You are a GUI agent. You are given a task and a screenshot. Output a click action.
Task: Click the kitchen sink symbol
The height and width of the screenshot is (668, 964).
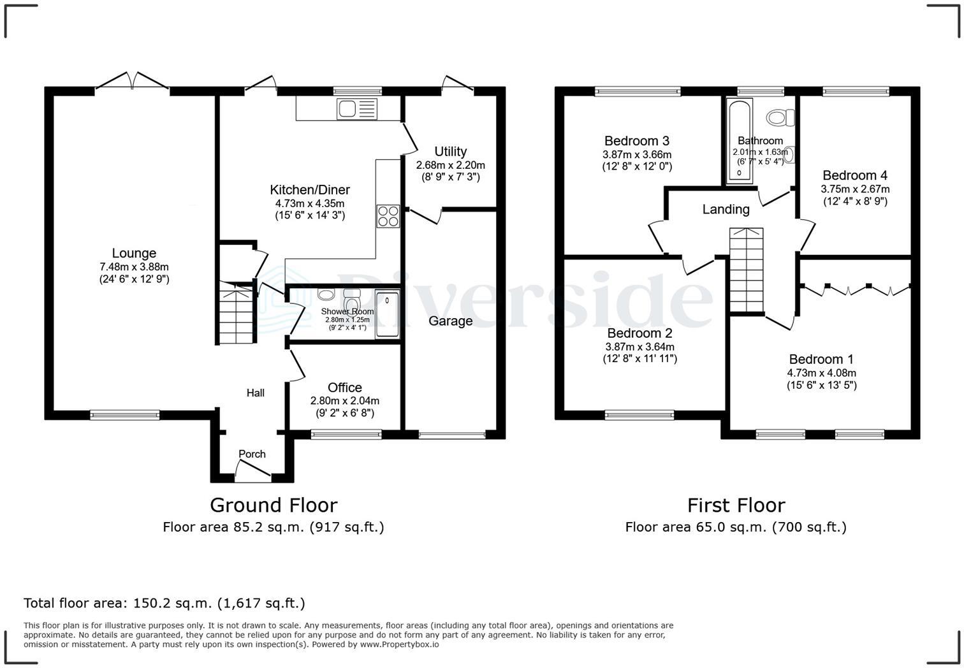coord(357,109)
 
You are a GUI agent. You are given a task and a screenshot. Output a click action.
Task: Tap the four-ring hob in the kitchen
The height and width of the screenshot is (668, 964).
coord(388,216)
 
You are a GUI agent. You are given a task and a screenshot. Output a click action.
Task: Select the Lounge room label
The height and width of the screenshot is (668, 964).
coord(134,253)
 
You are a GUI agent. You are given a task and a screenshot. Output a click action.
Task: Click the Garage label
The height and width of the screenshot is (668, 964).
coord(450,321)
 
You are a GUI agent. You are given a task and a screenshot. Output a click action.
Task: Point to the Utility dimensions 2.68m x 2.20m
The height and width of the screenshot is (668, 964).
coord(450,165)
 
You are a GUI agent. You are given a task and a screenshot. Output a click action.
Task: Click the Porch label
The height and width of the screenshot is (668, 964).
coord(252,454)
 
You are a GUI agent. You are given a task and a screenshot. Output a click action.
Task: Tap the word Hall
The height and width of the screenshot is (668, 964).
coord(255,393)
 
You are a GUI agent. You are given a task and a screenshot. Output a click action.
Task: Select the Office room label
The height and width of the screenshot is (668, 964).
coord(345,388)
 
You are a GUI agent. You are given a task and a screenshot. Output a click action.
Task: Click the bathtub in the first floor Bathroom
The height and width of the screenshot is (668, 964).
coord(740,142)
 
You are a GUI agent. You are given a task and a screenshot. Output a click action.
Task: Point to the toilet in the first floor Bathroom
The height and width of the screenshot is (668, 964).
coord(780,117)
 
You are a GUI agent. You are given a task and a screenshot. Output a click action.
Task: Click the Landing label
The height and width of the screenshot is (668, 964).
coord(726,210)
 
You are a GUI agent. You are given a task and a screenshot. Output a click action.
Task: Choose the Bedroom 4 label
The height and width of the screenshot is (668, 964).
coord(855,175)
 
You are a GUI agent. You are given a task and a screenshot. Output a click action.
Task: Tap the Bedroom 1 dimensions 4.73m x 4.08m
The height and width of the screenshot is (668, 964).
coord(822,373)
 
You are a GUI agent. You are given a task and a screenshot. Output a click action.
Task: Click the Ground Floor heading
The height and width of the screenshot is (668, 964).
coord(274,505)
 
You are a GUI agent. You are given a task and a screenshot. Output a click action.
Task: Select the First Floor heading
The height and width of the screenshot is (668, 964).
coord(736,505)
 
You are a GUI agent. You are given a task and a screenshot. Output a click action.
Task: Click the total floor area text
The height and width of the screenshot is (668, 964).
coord(164,603)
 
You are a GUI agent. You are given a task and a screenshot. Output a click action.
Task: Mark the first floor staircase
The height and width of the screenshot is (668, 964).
coord(746,270)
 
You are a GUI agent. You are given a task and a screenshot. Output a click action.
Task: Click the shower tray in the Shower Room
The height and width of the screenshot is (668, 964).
coord(388,314)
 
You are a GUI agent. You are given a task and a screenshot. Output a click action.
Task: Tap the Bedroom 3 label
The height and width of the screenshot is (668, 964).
coord(636,141)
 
